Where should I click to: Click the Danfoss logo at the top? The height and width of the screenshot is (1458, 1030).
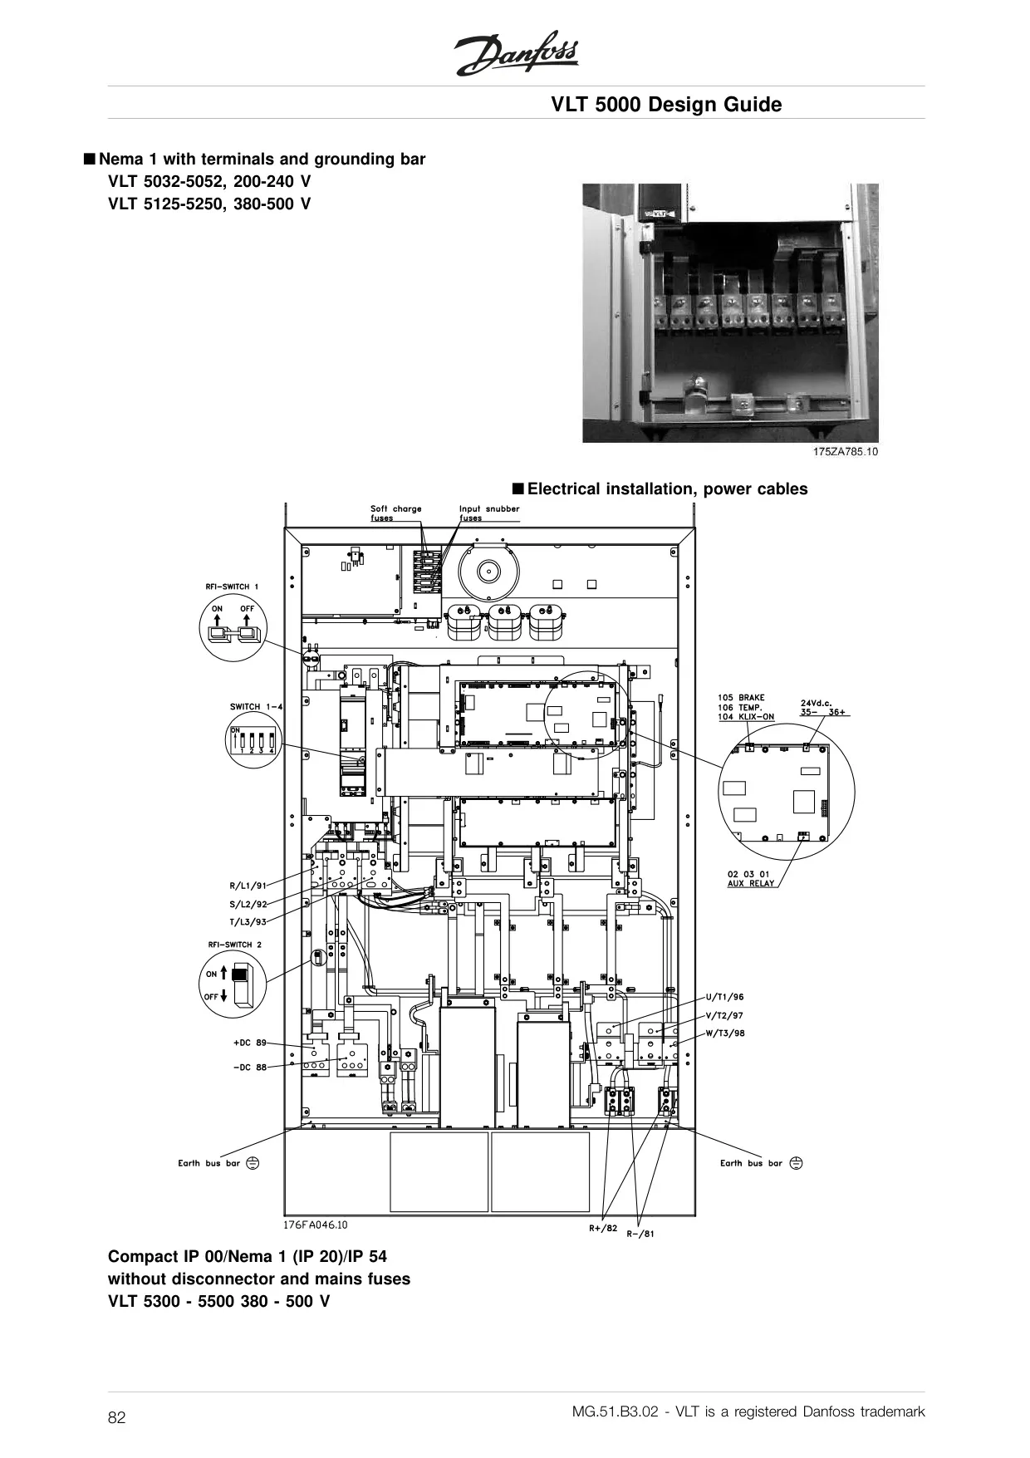(516, 57)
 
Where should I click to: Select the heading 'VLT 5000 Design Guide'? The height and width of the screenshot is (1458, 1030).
(667, 105)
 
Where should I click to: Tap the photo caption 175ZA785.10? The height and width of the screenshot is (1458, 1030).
(845, 452)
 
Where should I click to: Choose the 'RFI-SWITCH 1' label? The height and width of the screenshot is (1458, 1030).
(232, 587)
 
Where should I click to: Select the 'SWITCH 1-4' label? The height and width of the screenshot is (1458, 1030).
(256, 707)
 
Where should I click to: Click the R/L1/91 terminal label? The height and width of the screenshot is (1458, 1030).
(248, 886)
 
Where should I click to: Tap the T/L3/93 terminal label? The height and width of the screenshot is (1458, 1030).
(248, 921)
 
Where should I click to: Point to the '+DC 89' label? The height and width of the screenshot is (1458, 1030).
(250, 1042)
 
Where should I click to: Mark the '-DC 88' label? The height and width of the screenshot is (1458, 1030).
(250, 1067)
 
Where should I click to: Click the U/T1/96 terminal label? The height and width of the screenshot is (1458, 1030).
(724, 996)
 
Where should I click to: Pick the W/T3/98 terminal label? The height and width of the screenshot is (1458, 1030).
(724, 1033)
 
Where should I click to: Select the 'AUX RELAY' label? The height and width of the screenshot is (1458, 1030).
(751, 883)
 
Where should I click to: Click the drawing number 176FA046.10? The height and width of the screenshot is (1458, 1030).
(316, 1224)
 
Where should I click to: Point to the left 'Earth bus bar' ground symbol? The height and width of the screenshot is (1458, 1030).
(253, 1163)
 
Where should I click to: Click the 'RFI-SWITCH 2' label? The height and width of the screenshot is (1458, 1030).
(234, 945)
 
